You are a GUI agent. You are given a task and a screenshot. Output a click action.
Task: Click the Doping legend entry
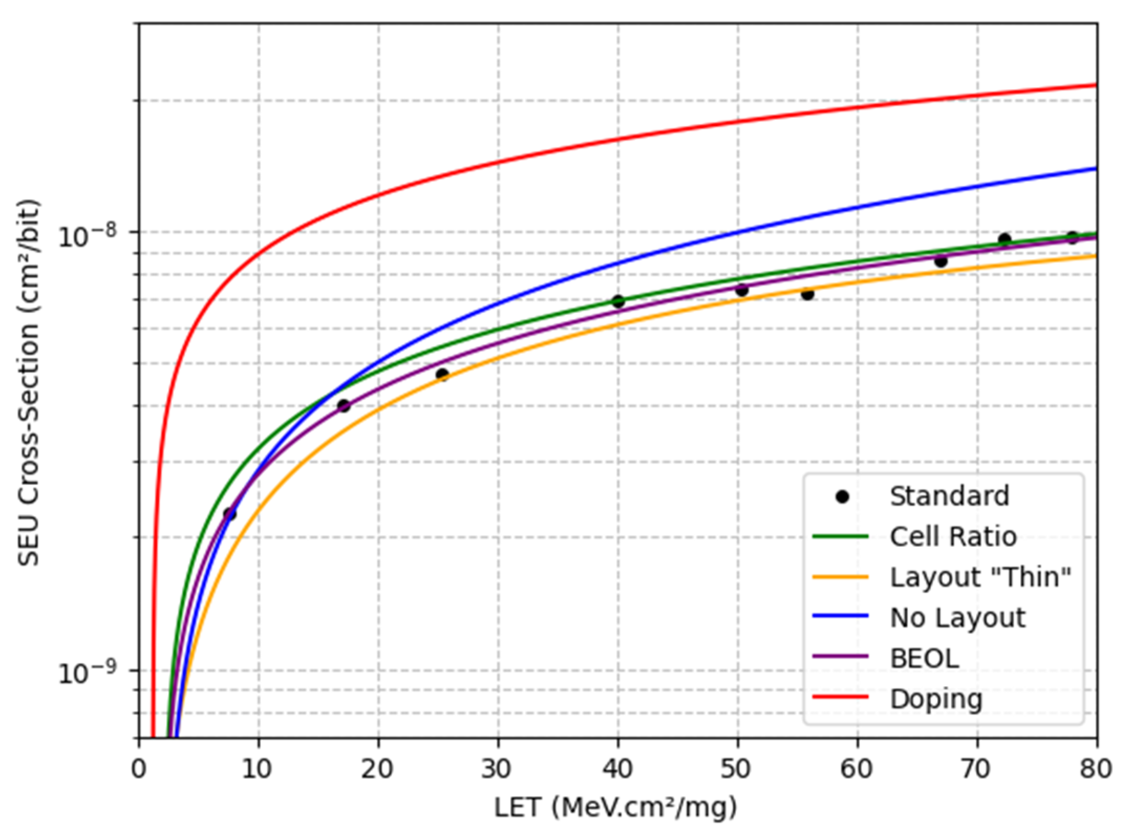click(935, 699)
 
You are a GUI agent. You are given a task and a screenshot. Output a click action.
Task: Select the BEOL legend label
click(924, 658)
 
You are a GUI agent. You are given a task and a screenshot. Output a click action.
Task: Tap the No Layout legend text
click(957, 618)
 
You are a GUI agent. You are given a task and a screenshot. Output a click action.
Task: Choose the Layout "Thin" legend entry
click(979, 577)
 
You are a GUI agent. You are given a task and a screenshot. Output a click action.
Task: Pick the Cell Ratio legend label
click(953, 536)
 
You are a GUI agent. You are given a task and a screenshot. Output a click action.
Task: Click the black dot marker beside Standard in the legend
click(842, 497)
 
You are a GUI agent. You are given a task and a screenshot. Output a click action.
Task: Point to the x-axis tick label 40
click(618, 769)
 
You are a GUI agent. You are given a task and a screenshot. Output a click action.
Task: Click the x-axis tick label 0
click(139, 769)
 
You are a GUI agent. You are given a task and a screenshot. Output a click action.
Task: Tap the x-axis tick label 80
click(1096, 769)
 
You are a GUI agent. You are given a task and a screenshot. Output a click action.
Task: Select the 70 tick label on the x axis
click(977, 769)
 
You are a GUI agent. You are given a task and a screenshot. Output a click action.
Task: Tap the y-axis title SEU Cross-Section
click(29, 382)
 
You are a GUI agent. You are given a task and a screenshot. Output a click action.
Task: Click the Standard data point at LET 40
click(618, 301)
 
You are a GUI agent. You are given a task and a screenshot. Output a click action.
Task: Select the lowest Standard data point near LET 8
click(229, 513)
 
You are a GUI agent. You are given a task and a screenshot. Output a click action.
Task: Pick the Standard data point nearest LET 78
click(1072, 238)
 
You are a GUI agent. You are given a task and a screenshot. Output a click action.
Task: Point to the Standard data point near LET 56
click(807, 294)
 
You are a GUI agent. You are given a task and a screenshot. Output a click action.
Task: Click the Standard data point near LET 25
click(442, 374)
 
